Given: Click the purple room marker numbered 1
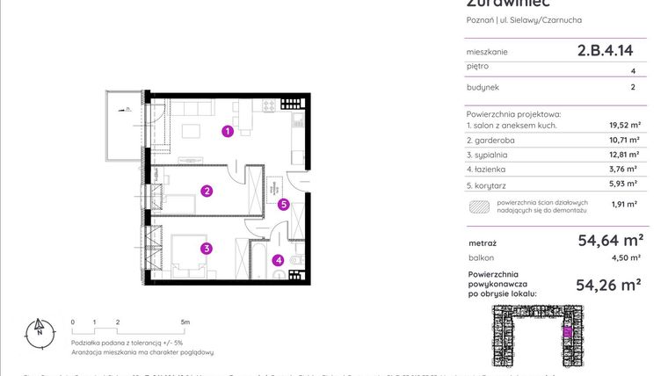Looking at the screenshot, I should [227, 132].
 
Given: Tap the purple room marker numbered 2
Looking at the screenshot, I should [206, 191].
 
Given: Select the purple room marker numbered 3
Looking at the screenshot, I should [206, 248].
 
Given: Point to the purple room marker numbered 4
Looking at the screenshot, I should [278, 259].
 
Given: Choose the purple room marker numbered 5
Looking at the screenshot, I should [283, 205].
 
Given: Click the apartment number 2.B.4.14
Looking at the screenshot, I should [605, 51].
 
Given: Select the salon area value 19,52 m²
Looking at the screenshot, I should [624, 126].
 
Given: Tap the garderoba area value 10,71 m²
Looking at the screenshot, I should [624, 140].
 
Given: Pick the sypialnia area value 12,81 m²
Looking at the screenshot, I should [624, 155].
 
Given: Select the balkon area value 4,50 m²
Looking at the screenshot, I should [626, 257].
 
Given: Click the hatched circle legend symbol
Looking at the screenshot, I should [480, 206].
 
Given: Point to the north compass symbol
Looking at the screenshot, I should [39, 330].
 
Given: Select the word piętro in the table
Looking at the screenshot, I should [478, 66].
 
